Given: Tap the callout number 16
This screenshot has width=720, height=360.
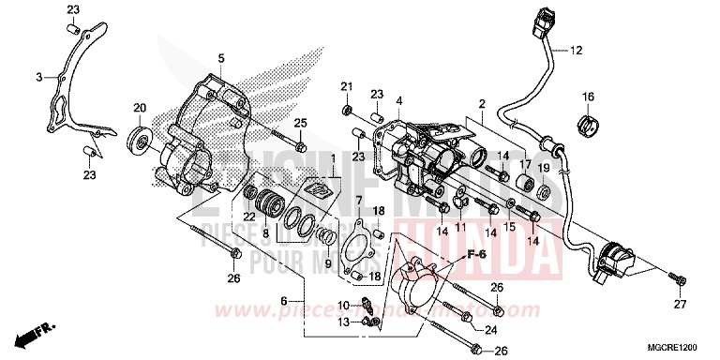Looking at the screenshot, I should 588,97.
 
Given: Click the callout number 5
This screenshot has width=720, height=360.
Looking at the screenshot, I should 222,58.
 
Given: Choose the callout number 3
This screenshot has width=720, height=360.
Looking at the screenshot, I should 38,77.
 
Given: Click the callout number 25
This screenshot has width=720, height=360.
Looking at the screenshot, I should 300,124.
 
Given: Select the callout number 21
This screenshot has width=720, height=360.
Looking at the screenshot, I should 346,87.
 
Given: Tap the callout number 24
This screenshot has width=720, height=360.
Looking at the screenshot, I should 491,329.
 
